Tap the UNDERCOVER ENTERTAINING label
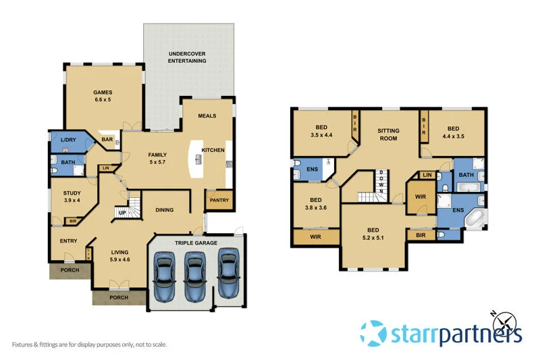pyautogui.click(x=188, y=57)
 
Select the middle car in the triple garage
pyautogui.click(x=195, y=276)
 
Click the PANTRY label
pyautogui.click(x=219, y=200)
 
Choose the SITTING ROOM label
pyautogui.click(x=387, y=134)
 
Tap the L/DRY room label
pyautogui.click(x=68, y=140)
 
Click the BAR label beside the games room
pyautogui.click(x=106, y=140)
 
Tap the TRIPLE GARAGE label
pyautogui.click(x=196, y=242)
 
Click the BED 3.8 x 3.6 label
pyautogui.click(x=316, y=204)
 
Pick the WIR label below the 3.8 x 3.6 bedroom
pyautogui.click(x=315, y=237)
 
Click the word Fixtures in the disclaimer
pyautogui.click(x=21, y=344)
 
